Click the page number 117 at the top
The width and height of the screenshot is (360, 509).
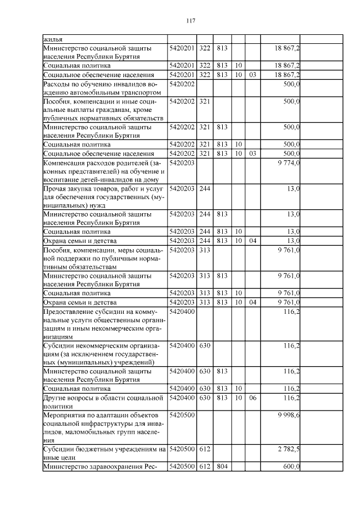[x=190, y=21]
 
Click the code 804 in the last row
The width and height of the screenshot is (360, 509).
[x=222, y=466]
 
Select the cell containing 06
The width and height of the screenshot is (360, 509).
[x=253, y=398]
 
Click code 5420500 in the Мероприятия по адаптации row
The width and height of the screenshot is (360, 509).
[x=181, y=415]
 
